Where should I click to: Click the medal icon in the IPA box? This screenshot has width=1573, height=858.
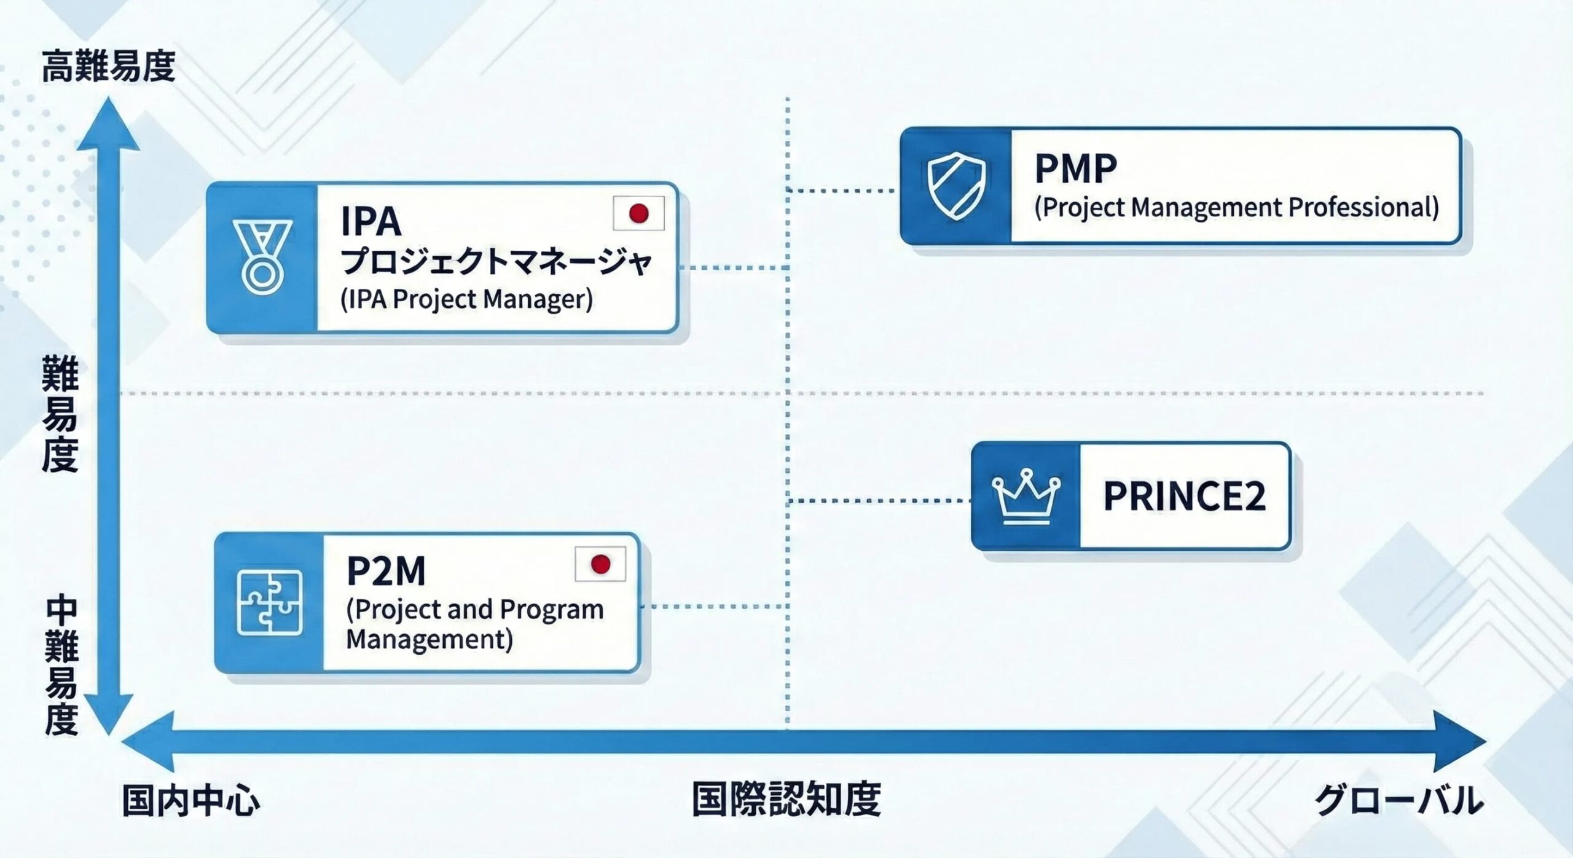[262, 257]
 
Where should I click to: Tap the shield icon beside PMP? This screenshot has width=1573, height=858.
[956, 186]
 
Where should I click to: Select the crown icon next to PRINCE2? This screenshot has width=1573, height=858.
[1026, 496]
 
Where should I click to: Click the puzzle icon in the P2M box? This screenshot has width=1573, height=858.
[269, 602]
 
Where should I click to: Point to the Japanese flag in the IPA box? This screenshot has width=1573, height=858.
[638, 213]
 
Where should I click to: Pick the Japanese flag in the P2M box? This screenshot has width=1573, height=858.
[600, 564]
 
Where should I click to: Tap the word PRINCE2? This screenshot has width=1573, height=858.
[1184, 496]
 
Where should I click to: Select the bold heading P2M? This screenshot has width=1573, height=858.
[386, 571]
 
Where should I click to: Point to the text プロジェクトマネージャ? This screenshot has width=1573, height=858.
[496, 262]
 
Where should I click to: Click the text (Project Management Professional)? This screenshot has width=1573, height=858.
[1236, 207]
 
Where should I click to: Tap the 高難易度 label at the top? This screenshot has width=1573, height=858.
[108, 67]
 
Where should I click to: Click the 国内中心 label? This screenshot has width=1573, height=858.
[191, 800]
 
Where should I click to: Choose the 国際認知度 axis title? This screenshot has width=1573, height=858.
[786, 799]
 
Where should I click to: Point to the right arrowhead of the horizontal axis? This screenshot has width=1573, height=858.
[1460, 741]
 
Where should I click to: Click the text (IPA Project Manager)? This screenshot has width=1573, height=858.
[467, 299]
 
